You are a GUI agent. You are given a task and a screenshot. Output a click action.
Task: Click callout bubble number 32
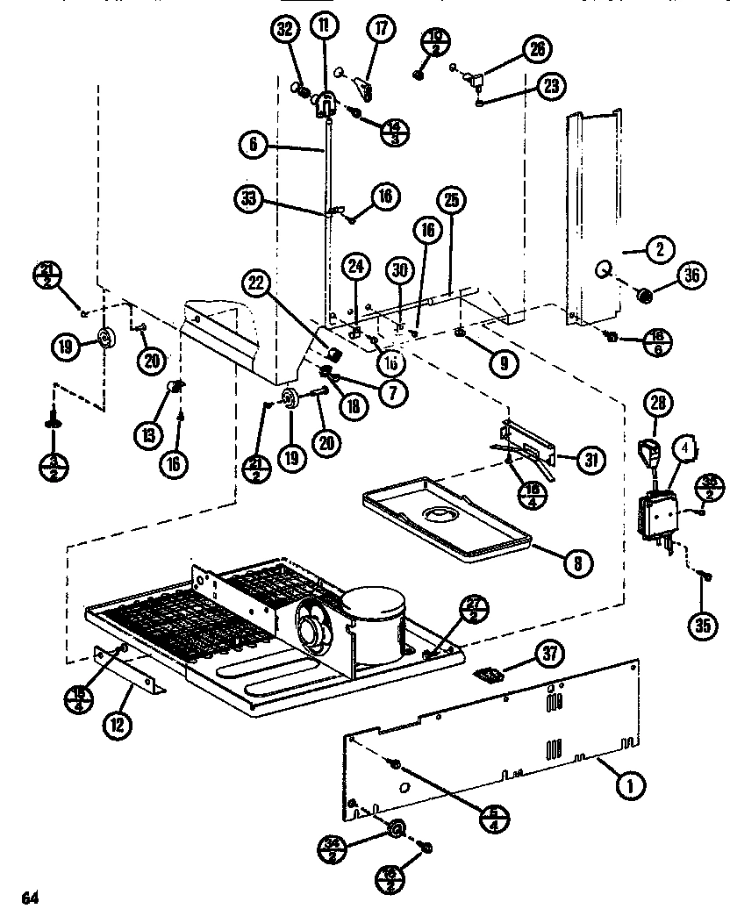tap(283, 30)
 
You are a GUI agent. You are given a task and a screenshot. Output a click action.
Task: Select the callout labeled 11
tap(324, 26)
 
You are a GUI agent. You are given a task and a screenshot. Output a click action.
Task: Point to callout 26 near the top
tap(536, 49)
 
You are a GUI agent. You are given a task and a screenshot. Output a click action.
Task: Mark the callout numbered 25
tap(452, 200)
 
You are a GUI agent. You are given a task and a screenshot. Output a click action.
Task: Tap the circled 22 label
tap(255, 282)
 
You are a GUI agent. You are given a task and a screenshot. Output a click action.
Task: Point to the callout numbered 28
tap(657, 404)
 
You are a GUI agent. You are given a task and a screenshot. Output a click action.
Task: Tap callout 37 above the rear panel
tap(551, 654)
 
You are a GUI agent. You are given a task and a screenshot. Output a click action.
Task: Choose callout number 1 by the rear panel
tap(627, 787)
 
